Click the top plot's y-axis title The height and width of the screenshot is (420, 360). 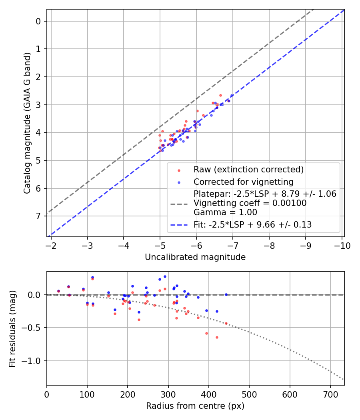coord(27,123)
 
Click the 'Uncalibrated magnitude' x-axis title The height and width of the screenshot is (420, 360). coord(195,257)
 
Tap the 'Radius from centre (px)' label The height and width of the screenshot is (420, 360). coord(195,406)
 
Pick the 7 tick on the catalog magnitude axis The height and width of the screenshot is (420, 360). coord(38,216)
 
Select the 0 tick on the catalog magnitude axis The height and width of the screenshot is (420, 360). coord(38,21)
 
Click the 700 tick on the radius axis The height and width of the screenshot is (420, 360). coord(330,395)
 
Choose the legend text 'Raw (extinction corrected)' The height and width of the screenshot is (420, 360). coord(248,170)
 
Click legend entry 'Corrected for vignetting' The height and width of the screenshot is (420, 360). coord(244,182)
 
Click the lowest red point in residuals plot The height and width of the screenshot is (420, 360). coord(217,337)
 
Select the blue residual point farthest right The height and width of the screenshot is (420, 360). coord(226,294)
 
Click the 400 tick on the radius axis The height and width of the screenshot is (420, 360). coord(208,395)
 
